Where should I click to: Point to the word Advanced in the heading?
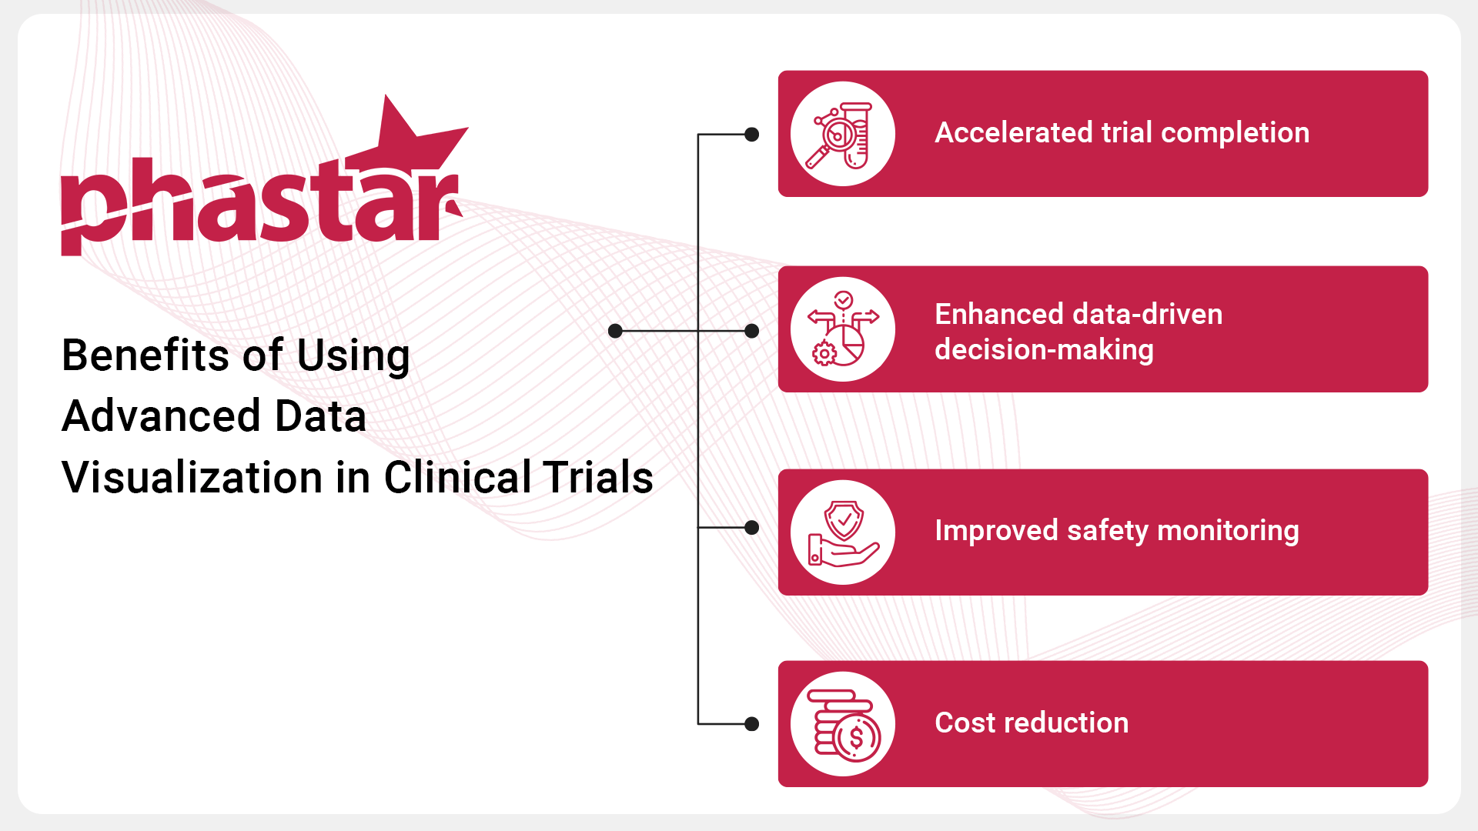161,416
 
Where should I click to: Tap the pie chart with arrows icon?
843,329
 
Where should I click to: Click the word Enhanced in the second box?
998,314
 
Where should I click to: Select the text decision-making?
1044,350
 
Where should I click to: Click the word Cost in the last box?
965,723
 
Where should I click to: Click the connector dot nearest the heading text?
615,331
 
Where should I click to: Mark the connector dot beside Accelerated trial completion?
752,135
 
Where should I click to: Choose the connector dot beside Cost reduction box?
752,724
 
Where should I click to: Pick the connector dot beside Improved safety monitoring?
752,528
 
